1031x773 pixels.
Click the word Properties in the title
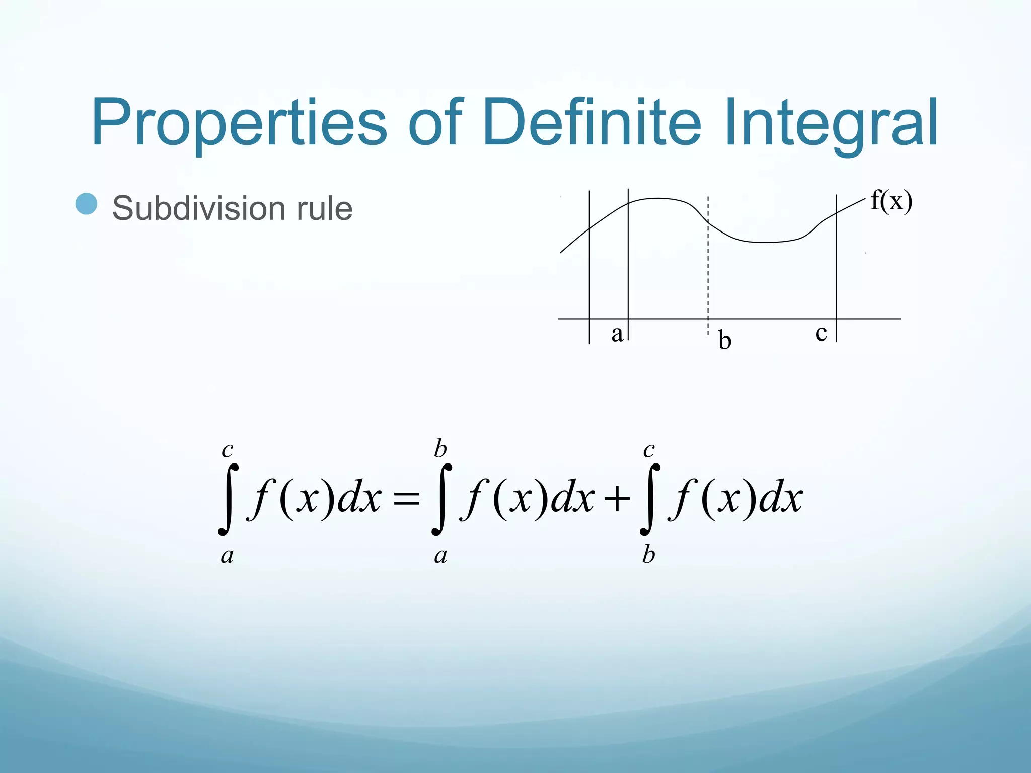pos(239,123)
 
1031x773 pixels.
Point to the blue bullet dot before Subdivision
pos(86,204)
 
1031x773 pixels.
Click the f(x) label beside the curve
pos(891,201)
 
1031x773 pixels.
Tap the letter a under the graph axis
pos(617,333)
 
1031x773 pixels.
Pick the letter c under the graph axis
pos(821,333)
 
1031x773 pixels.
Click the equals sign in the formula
pos(406,499)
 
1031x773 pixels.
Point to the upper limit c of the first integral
pos(228,449)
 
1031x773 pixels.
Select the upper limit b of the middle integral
pos(440,448)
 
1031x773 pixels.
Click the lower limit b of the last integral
pos(648,555)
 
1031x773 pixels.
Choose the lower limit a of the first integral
pos(228,556)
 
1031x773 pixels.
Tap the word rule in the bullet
pos(325,208)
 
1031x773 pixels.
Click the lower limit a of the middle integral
pos(440,556)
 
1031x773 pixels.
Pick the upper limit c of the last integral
pos(649,449)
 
